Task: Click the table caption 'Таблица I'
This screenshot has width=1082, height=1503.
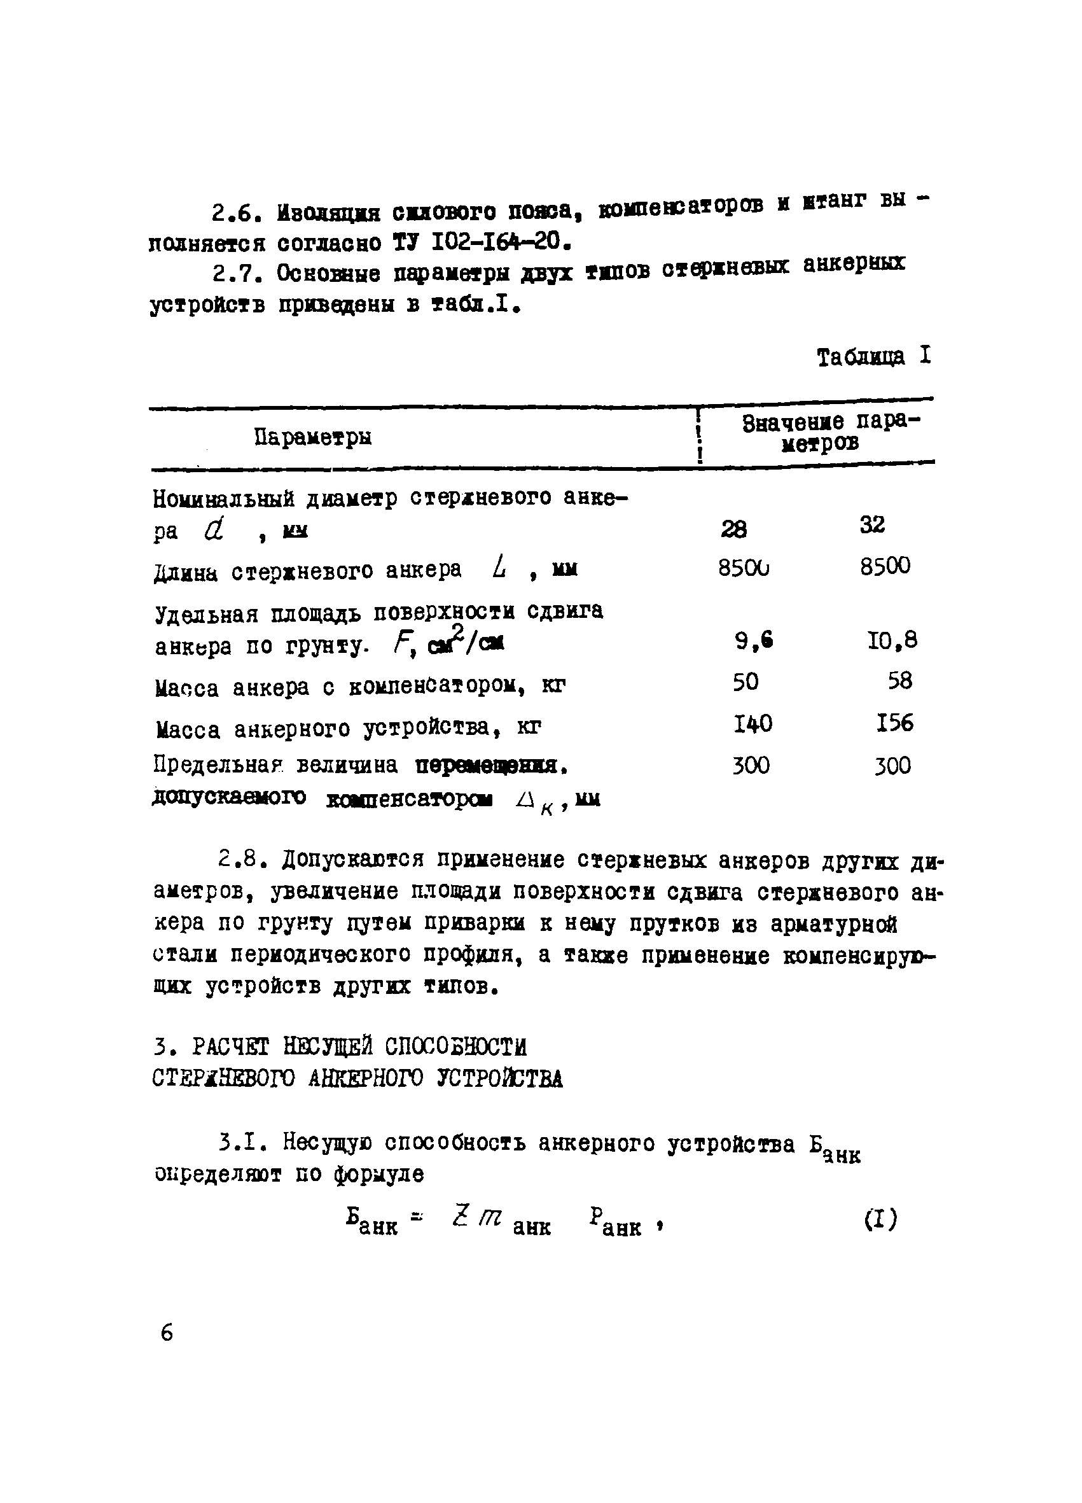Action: [x=873, y=357]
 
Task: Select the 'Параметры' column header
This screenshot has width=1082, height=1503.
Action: [x=313, y=437]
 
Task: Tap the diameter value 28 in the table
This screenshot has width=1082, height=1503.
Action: [x=733, y=529]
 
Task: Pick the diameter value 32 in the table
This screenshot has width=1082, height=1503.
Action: [x=872, y=525]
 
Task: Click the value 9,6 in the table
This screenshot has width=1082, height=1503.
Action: [x=754, y=640]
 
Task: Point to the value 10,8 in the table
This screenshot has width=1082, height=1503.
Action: [x=892, y=640]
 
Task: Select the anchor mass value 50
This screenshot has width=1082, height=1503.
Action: [x=746, y=682]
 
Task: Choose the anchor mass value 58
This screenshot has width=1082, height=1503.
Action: [x=900, y=681]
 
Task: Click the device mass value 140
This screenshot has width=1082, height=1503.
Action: [x=753, y=723]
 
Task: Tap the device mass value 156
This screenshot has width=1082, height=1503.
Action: [x=894, y=722]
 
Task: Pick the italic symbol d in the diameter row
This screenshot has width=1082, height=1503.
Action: [x=213, y=529]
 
